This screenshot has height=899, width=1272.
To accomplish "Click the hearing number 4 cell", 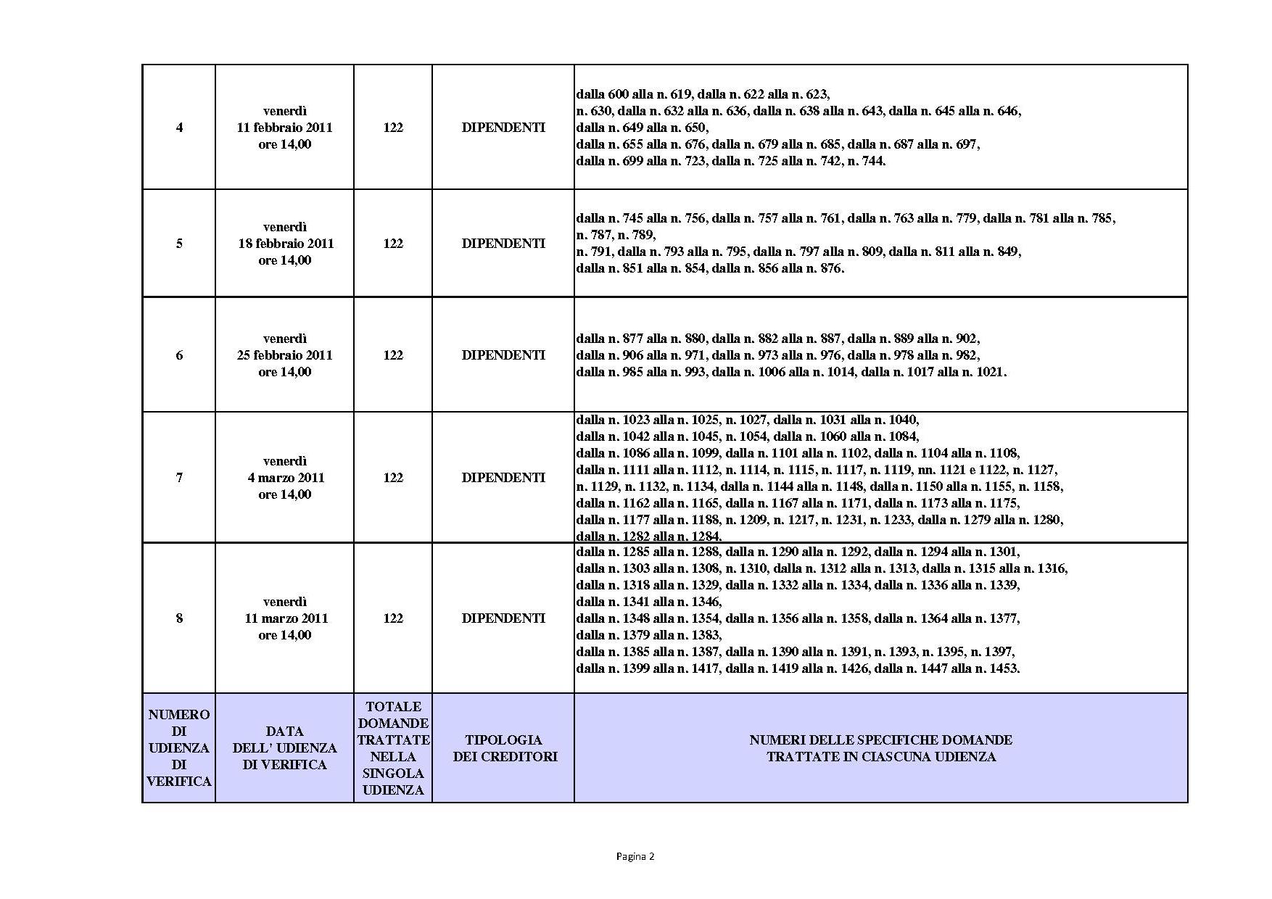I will [x=179, y=128].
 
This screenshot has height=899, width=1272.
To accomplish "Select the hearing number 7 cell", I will [x=179, y=478].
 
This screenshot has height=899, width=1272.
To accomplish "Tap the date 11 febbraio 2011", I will [x=284, y=128].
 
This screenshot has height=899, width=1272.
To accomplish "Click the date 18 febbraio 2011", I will [x=286, y=244].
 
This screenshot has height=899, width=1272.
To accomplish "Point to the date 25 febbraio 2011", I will [x=284, y=355].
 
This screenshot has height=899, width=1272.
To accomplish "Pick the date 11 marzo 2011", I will [x=286, y=618].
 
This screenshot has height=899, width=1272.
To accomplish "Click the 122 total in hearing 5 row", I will [x=393, y=244].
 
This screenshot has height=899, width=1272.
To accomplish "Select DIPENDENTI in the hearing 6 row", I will [x=503, y=355].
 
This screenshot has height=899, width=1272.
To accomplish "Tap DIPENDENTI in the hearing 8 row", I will [x=503, y=618].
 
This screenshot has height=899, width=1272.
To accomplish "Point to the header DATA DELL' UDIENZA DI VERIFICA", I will [x=284, y=748].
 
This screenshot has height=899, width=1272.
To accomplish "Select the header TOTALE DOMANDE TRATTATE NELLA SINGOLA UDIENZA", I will [x=393, y=748].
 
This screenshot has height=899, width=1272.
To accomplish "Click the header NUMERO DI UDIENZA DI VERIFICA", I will [x=179, y=748].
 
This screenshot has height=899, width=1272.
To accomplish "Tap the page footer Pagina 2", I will [x=635, y=856].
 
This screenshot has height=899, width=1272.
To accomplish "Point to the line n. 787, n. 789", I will [x=616, y=235].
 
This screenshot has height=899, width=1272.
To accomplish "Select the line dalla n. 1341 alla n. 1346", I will [x=649, y=602].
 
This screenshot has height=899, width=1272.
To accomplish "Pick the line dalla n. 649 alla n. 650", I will [x=643, y=128].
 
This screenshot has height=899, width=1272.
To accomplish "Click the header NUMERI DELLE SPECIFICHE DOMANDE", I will [x=880, y=740].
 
